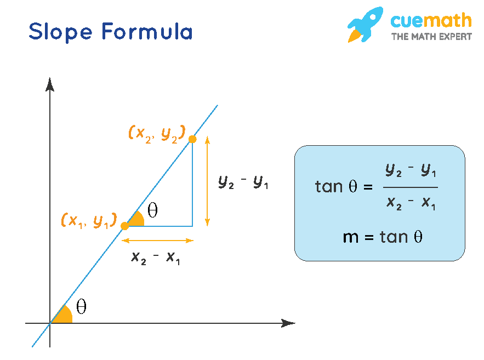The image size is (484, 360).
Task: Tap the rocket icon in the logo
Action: click(365, 25)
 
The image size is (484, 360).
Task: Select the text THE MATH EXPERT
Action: click(431, 37)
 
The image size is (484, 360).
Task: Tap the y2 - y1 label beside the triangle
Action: click(243, 181)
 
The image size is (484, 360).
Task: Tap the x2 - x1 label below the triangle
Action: click(156, 258)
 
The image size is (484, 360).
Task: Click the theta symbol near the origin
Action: click(81, 307)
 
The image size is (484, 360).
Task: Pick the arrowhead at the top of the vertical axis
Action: click(50, 84)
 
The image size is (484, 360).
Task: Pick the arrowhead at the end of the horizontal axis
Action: click(288, 323)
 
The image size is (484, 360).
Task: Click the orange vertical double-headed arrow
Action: click(207, 181)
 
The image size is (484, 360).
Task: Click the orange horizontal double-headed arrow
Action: click(157, 240)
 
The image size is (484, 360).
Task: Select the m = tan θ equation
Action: click(383, 237)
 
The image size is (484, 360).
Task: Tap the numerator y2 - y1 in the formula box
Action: click(411, 172)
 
